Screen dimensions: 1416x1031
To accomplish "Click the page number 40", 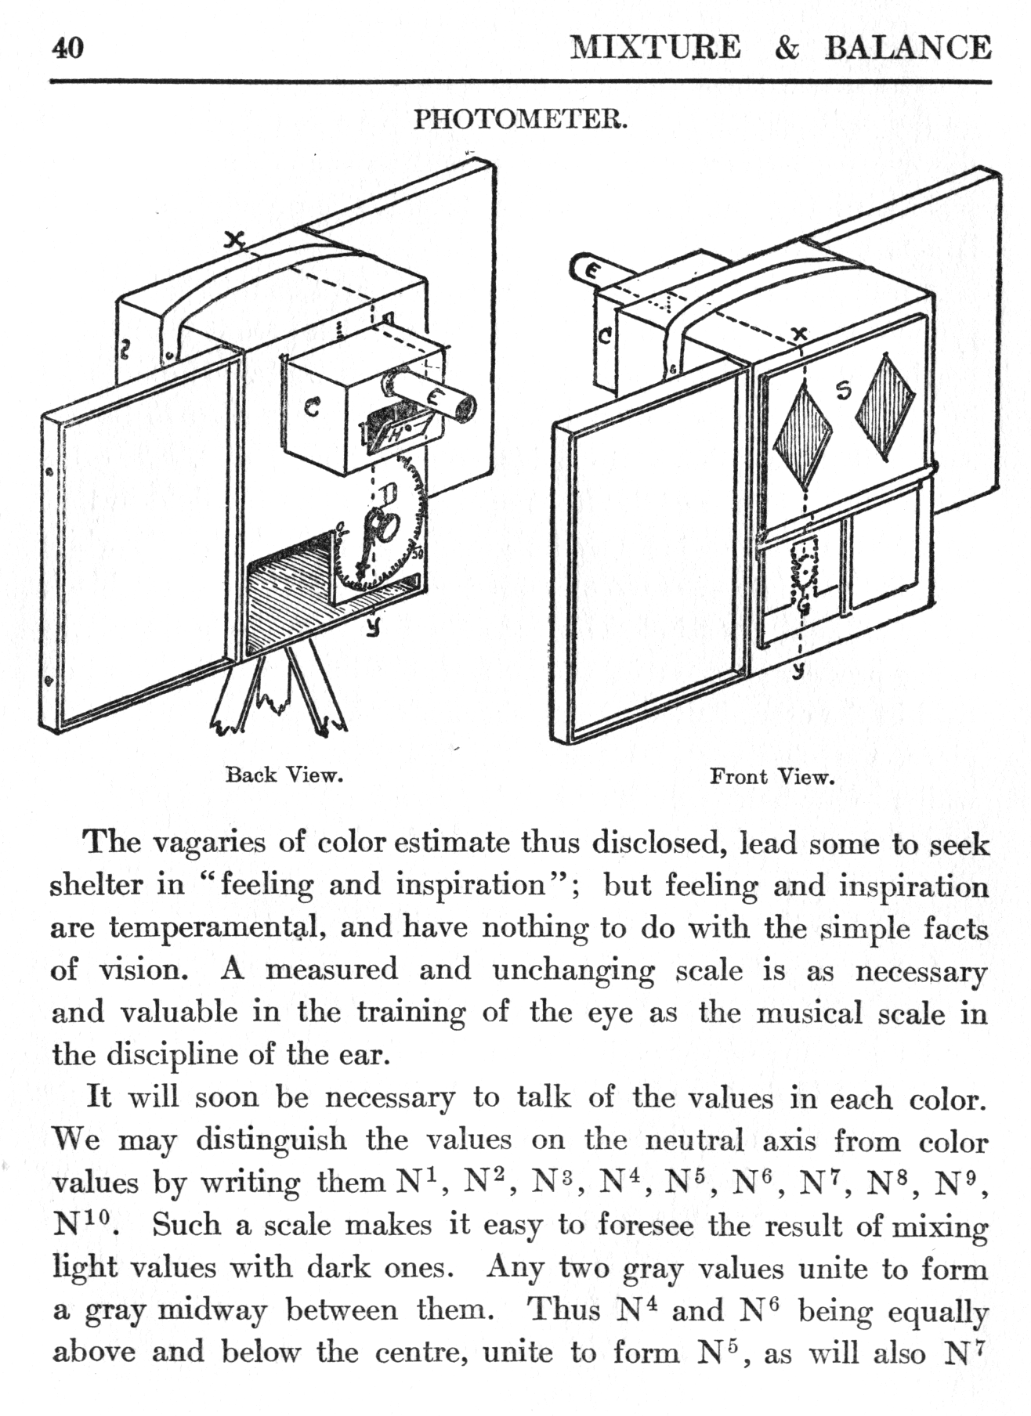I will [x=67, y=49].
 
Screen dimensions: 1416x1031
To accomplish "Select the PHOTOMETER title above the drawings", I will [x=520, y=120].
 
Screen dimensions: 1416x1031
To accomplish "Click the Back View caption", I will [x=284, y=775].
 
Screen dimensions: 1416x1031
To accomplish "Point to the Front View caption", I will [x=772, y=777].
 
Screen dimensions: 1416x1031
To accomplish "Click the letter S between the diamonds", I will [x=843, y=390].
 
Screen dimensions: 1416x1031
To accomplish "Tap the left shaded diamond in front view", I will [x=802, y=437].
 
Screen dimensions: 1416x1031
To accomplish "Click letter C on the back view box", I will [x=311, y=408].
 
